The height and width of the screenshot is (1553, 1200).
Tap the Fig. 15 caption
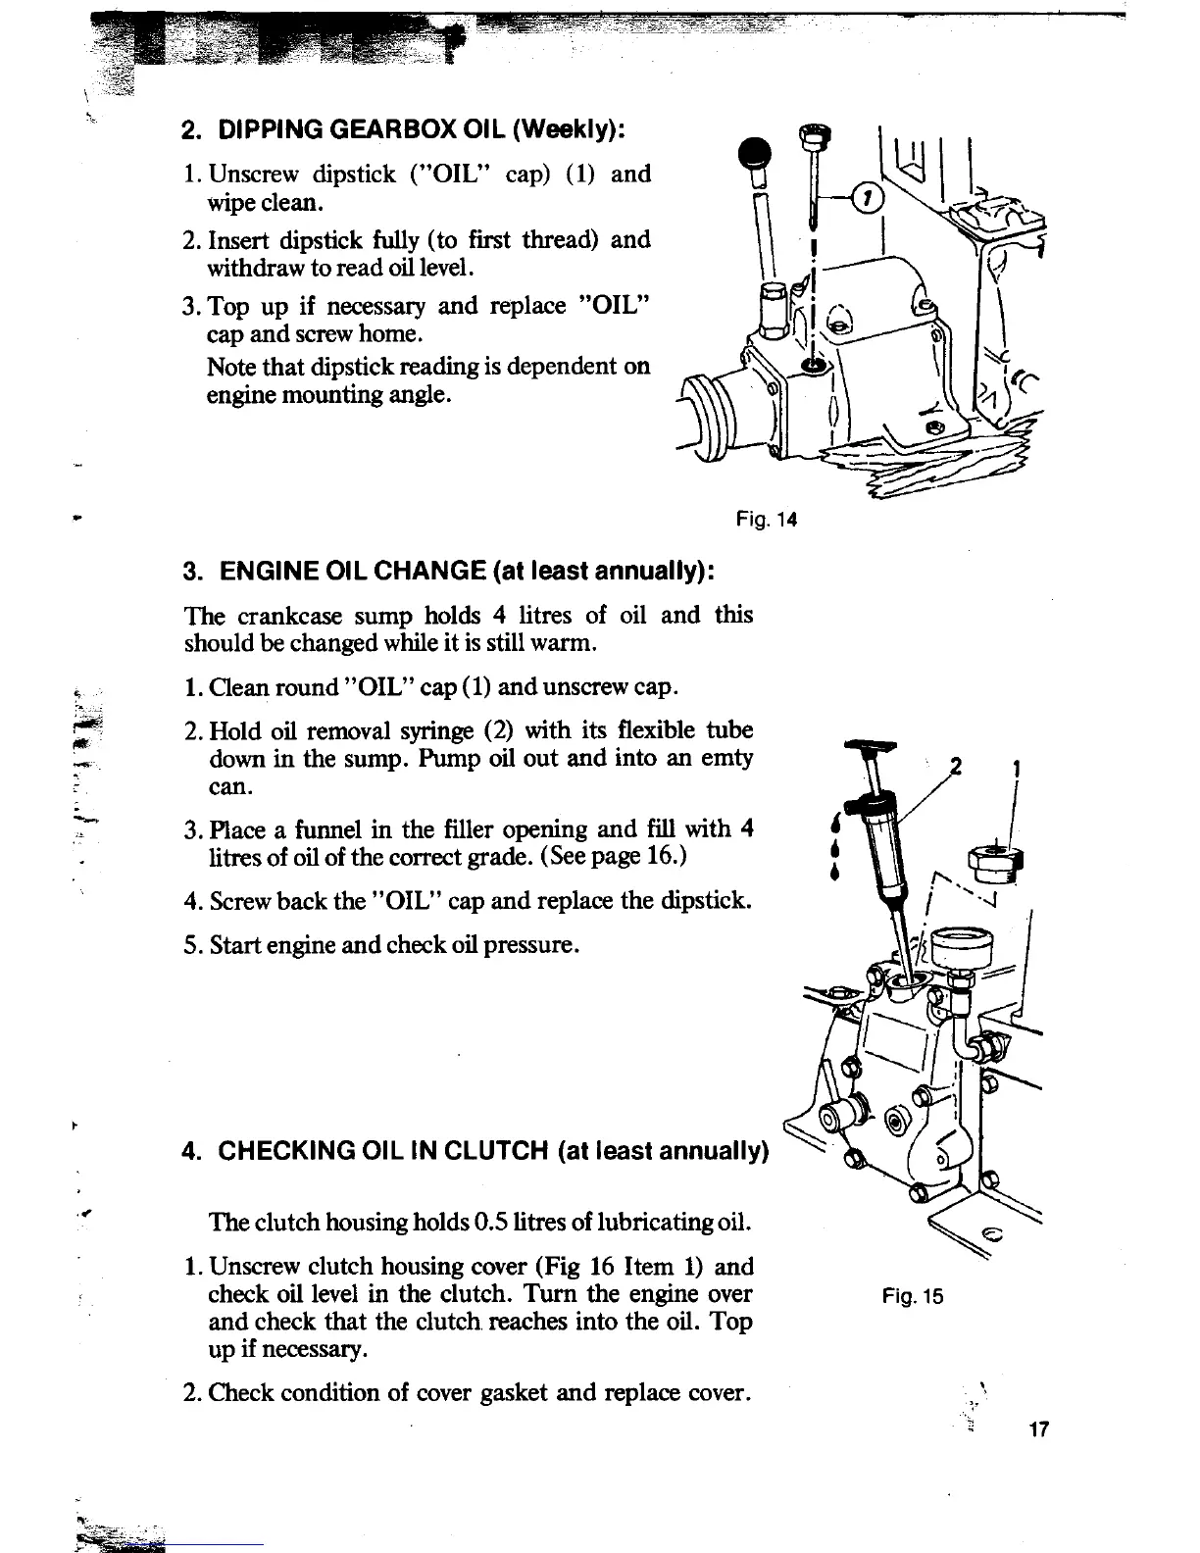click(x=911, y=1297)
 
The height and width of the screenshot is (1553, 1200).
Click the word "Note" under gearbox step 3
click(x=229, y=367)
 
